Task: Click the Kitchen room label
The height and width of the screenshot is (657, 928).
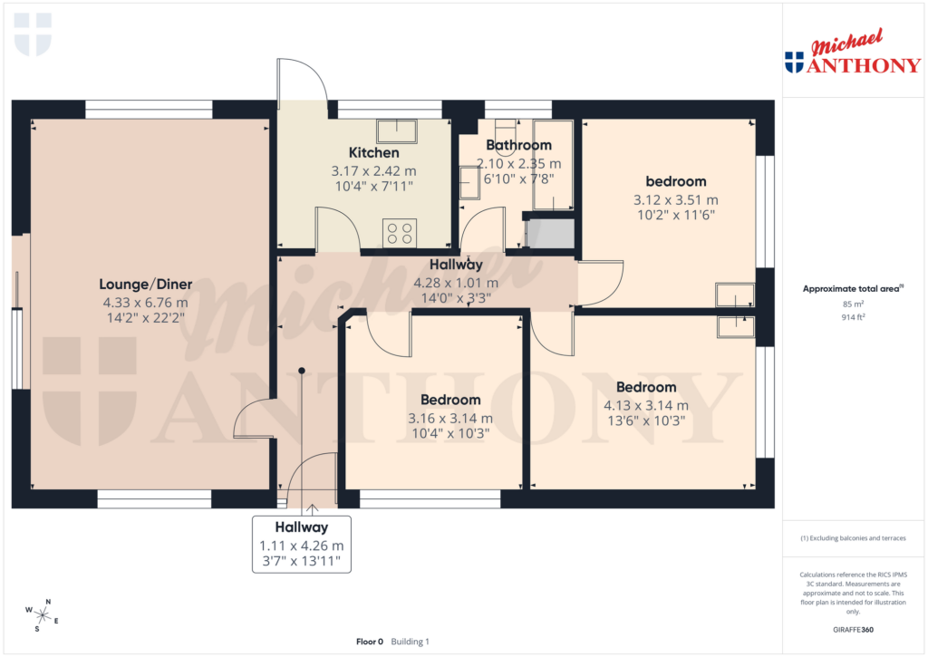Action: tap(374, 152)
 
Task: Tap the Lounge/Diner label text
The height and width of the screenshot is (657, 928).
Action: tap(145, 284)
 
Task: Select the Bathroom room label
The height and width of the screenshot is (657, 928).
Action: tap(518, 145)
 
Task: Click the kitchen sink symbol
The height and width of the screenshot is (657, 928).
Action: tap(396, 131)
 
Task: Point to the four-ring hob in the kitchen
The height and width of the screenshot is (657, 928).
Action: tap(401, 234)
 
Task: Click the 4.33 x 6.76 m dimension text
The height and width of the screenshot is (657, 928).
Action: tap(145, 302)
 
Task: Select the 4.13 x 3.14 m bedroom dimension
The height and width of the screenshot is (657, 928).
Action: tap(646, 405)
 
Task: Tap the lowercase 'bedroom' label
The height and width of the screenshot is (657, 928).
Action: tap(675, 181)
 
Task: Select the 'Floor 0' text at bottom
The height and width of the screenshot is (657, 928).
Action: tap(370, 642)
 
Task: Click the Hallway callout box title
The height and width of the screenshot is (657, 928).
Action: tap(302, 527)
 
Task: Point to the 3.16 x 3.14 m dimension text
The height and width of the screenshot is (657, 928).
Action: tap(450, 418)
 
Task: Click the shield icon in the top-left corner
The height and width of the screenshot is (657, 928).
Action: tap(33, 34)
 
